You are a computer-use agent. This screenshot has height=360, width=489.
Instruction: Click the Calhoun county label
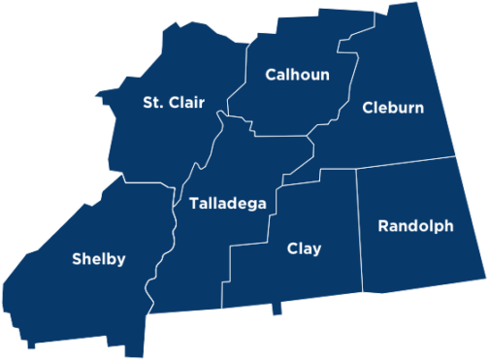[298, 75]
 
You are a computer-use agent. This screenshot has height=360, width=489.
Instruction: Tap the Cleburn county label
[393, 108]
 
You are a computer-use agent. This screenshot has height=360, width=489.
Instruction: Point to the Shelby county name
[99, 259]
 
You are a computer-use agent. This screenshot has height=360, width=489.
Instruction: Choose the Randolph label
[415, 226]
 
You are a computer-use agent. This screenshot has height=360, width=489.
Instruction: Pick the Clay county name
[304, 249]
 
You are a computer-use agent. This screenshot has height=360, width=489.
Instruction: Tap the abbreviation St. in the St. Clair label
[152, 102]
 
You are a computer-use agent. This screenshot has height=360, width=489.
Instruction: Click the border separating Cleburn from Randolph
[407, 162]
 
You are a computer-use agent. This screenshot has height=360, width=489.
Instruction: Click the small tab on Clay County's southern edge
[279, 309]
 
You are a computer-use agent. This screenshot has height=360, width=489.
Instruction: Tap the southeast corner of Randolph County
[486, 286]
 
